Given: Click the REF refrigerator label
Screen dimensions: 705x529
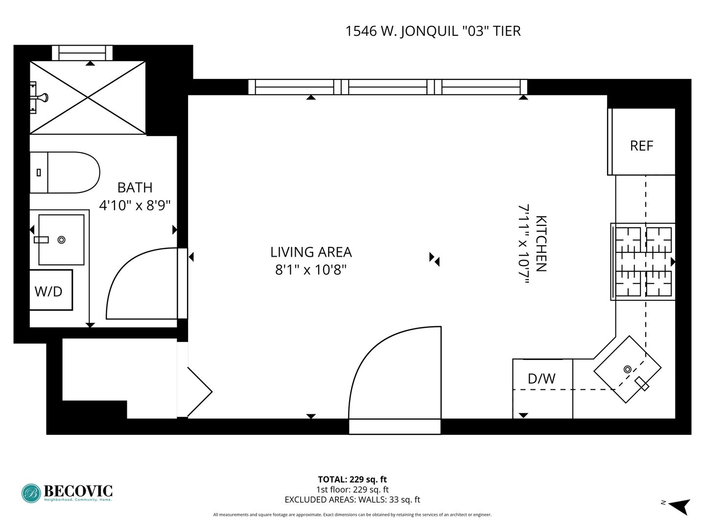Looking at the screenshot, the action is click(x=641, y=146).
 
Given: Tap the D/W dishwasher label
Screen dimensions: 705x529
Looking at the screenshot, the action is click(x=541, y=379).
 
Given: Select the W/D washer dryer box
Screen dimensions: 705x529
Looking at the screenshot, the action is click(x=51, y=290).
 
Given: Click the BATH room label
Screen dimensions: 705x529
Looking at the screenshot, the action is click(x=135, y=188).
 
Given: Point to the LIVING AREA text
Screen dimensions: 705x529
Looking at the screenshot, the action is click(x=311, y=252).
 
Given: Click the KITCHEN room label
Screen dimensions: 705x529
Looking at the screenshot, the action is click(x=541, y=244).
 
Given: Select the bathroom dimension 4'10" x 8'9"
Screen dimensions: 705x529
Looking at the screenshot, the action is click(x=135, y=205).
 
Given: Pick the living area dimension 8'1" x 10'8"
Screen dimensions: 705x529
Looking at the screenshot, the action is click(x=311, y=270).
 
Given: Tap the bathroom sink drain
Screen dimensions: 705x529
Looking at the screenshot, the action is click(x=61, y=240).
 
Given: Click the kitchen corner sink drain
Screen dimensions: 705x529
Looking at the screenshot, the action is click(x=627, y=369).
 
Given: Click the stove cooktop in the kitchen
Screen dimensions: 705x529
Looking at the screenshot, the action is click(x=642, y=262).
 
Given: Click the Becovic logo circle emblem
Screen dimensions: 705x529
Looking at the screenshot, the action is click(x=31, y=493).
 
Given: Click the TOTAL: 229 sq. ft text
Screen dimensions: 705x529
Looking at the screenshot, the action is click(x=352, y=480).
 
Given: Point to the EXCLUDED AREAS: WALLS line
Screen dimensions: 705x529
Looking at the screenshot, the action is click(x=352, y=500).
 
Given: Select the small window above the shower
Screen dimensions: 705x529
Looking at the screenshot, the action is click(x=82, y=53).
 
